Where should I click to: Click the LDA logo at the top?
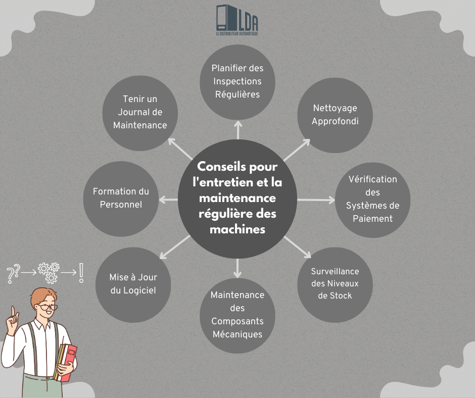[237, 20]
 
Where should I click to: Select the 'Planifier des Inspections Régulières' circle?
[238, 82]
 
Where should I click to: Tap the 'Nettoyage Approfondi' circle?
[335, 115]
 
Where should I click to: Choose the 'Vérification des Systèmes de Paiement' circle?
[372, 200]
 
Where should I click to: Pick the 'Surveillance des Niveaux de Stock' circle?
[335, 285]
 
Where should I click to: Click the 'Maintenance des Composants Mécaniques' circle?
[238, 316]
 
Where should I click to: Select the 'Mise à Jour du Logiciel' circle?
[133, 285]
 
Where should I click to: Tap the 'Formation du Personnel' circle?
[121, 199]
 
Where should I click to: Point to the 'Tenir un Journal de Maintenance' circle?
[140, 113]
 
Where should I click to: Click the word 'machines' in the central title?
[238, 229]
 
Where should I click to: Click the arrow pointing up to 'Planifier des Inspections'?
[238, 130]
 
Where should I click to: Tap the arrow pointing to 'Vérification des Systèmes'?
[316, 200]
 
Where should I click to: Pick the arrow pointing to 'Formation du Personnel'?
[168, 200]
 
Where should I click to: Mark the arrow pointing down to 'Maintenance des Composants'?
[238, 268]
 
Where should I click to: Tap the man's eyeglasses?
[47, 307]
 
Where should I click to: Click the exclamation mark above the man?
[81, 273]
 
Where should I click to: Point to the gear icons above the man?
[49, 273]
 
